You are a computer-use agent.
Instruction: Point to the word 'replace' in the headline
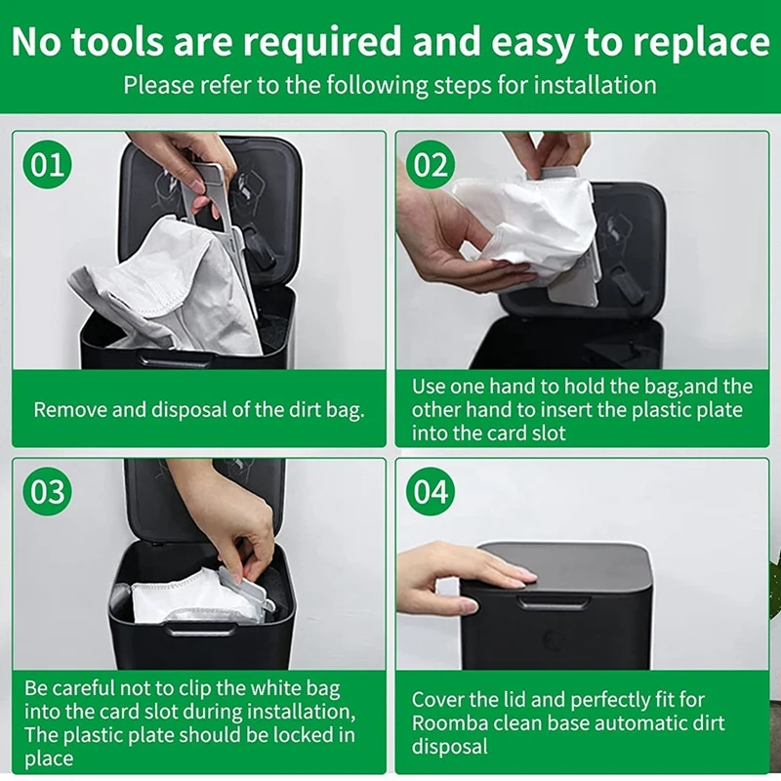[692, 42]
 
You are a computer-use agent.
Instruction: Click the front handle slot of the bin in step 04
[554, 604]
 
